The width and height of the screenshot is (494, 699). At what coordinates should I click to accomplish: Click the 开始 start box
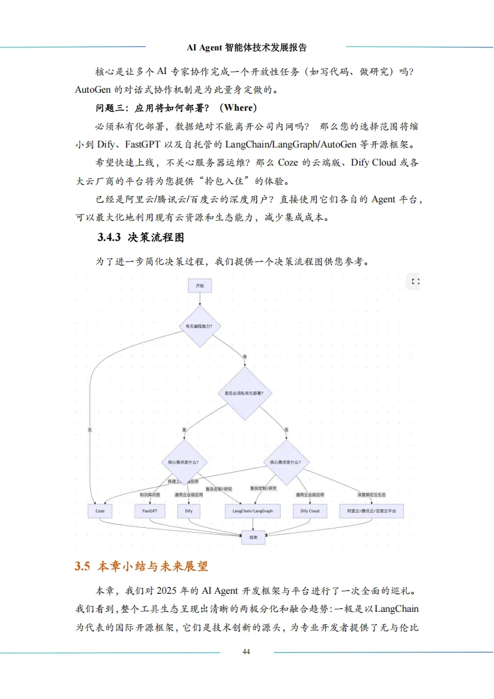coord(200,285)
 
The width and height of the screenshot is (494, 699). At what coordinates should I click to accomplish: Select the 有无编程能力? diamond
coord(200,326)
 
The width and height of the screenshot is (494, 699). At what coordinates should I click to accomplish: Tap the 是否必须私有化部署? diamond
coord(244,393)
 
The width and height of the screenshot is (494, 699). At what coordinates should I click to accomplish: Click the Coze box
coord(100,511)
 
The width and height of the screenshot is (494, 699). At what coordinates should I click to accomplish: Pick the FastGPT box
coord(150,511)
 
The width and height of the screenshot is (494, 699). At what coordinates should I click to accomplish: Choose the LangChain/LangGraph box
coord(253,511)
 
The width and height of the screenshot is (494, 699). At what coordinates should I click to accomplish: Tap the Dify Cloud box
coord(310,511)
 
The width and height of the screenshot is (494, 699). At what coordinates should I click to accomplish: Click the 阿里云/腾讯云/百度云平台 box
coord(371,511)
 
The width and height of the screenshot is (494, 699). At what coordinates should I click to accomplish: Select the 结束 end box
coord(253,535)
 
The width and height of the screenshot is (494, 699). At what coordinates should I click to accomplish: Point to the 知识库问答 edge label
coord(150,495)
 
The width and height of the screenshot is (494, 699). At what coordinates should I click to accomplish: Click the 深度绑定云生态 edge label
coord(371,495)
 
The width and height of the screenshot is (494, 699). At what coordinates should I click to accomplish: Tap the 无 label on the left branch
coord(90,429)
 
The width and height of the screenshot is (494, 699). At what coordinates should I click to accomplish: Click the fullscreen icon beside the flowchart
coord(416,282)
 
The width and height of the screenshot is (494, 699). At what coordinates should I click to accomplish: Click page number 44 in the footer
coord(246,651)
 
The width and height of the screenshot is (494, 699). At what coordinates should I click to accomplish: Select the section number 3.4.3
coord(109,238)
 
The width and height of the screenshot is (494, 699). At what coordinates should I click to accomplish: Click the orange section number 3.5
coord(83,566)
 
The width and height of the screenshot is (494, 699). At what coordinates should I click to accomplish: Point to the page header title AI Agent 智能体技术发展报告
coord(246,47)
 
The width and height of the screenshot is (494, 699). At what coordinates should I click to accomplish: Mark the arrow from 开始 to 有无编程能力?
coord(200,298)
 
